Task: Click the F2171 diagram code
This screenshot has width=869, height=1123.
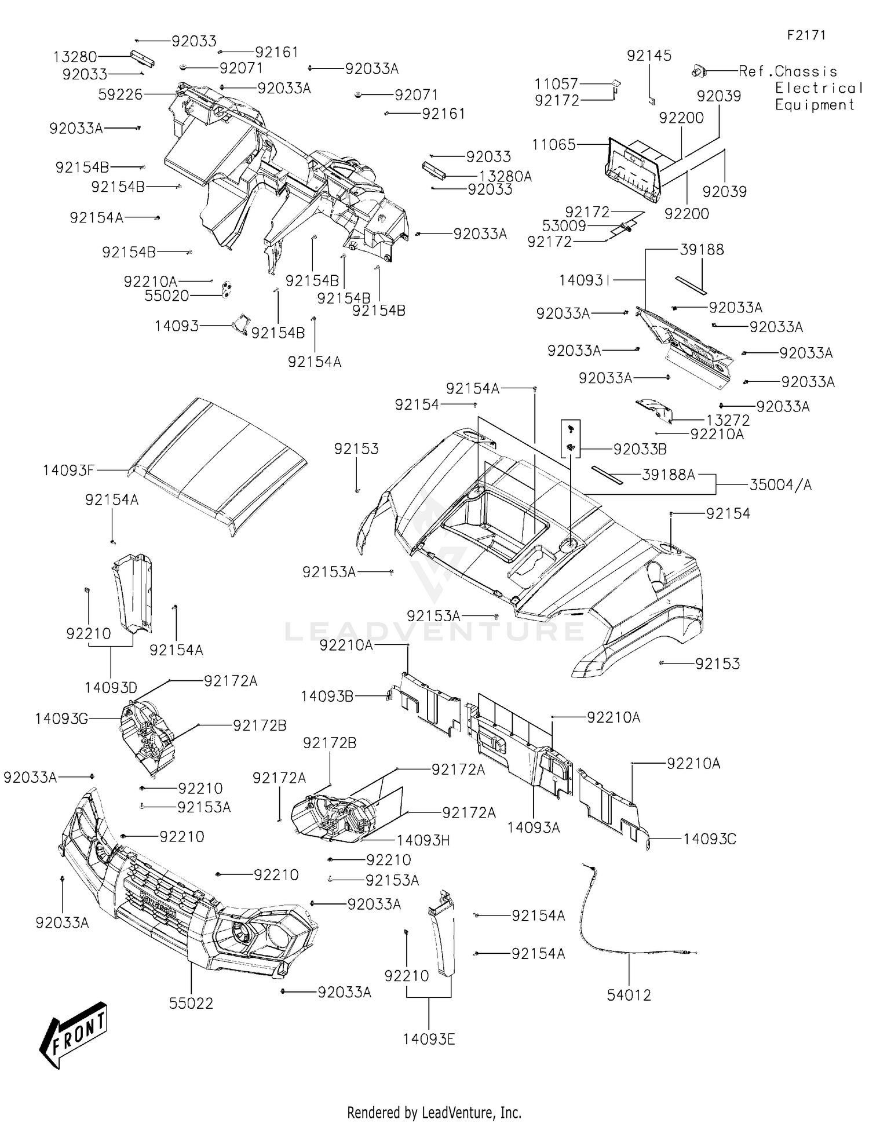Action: click(x=806, y=35)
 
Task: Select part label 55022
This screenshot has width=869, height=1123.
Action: click(x=191, y=1003)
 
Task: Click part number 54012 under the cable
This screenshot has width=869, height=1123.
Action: click(x=629, y=995)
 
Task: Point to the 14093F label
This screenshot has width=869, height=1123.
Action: click(x=68, y=470)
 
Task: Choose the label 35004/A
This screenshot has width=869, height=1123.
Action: click(x=780, y=484)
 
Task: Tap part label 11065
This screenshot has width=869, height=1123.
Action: click(x=554, y=144)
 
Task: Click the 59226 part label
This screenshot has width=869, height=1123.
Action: click(x=121, y=94)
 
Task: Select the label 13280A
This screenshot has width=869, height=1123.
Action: click(x=505, y=176)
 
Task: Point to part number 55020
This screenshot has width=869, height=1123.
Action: click(x=167, y=296)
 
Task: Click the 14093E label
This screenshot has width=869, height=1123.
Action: click(x=429, y=1039)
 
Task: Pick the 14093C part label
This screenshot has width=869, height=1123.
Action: click(x=710, y=838)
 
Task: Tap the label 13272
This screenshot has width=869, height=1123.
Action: click(x=728, y=420)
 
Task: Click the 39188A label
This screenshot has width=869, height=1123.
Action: click(x=669, y=475)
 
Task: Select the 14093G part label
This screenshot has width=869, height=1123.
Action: click(x=61, y=719)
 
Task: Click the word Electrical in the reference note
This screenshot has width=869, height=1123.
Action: click(x=819, y=88)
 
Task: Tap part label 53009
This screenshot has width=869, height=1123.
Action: click(x=564, y=226)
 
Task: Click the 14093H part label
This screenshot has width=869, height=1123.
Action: click(x=423, y=840)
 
